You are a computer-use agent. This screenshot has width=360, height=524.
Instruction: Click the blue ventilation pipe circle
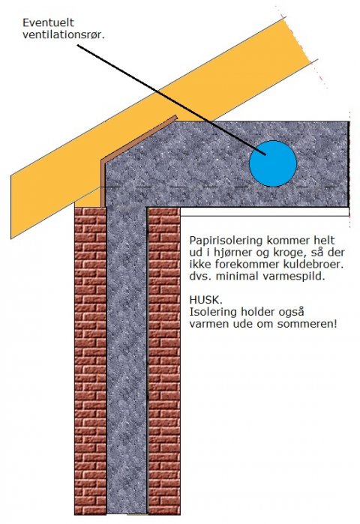pyautogui.click(x=273, y=163)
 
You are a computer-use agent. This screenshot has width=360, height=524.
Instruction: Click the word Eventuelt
pyautogui.click(x=49, y=22)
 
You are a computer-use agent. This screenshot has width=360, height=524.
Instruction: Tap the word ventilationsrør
pyautogui.click(x=64, y=34)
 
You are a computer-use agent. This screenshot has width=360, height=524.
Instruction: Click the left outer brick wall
pyautogui.click(x=90, y=361)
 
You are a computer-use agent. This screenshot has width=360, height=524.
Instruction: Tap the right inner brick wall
pyautogui.click(x=163, y=361)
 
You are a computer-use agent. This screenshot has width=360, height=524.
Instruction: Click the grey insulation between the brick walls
pyautogui.click(x=127, y=361)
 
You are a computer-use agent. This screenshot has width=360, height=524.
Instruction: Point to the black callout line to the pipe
pyautogui.click(x=172, y=100)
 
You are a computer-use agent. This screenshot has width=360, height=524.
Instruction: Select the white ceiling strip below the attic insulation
pyautogui.click(x=265, y=212)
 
